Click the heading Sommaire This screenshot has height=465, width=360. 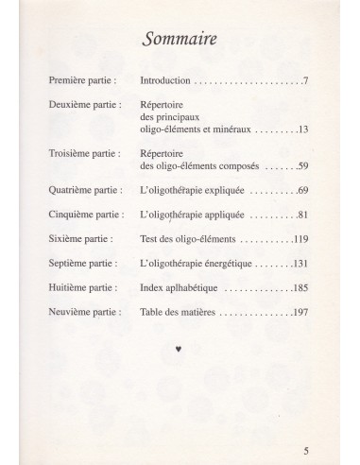tap(180, 40)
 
